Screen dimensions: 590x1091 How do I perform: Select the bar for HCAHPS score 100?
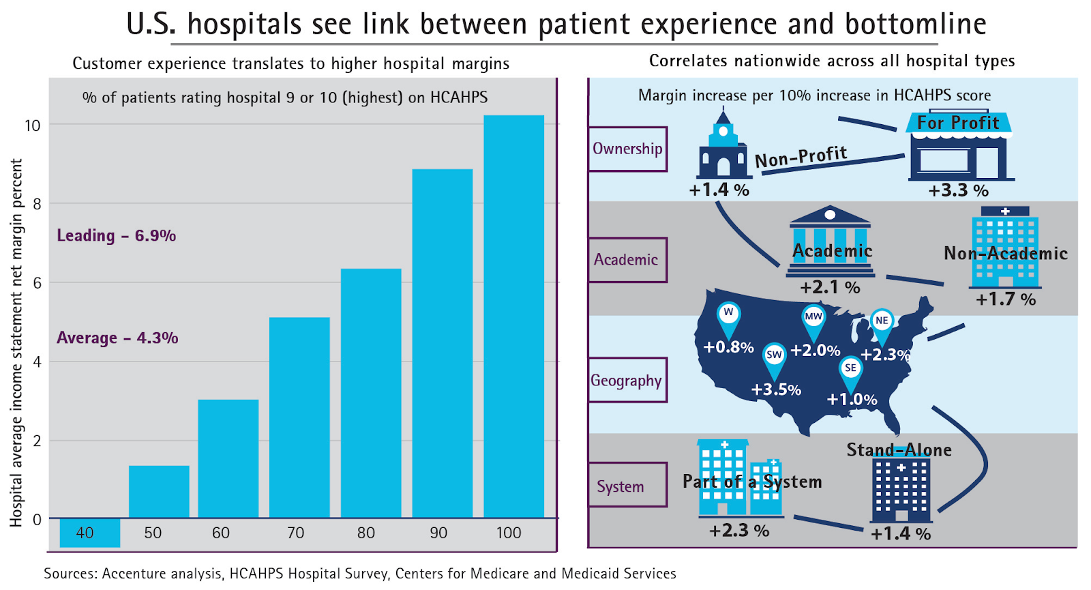513,316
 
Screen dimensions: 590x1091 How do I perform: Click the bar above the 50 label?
159,492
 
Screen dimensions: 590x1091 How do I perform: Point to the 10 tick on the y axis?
33,126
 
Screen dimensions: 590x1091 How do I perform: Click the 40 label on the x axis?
85,533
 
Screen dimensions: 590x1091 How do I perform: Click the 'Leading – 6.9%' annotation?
116,236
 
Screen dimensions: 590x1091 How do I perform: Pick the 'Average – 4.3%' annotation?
117,338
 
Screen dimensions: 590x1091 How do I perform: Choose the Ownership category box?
627,149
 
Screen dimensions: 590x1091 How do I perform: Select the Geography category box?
627,381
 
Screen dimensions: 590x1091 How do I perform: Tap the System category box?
621,486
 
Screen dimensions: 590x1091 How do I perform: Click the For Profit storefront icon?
959,147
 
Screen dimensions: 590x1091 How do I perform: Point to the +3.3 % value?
958,190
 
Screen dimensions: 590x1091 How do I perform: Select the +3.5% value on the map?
776,390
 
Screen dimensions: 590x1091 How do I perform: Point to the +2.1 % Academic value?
830,287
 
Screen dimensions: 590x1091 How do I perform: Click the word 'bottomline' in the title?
915,25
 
